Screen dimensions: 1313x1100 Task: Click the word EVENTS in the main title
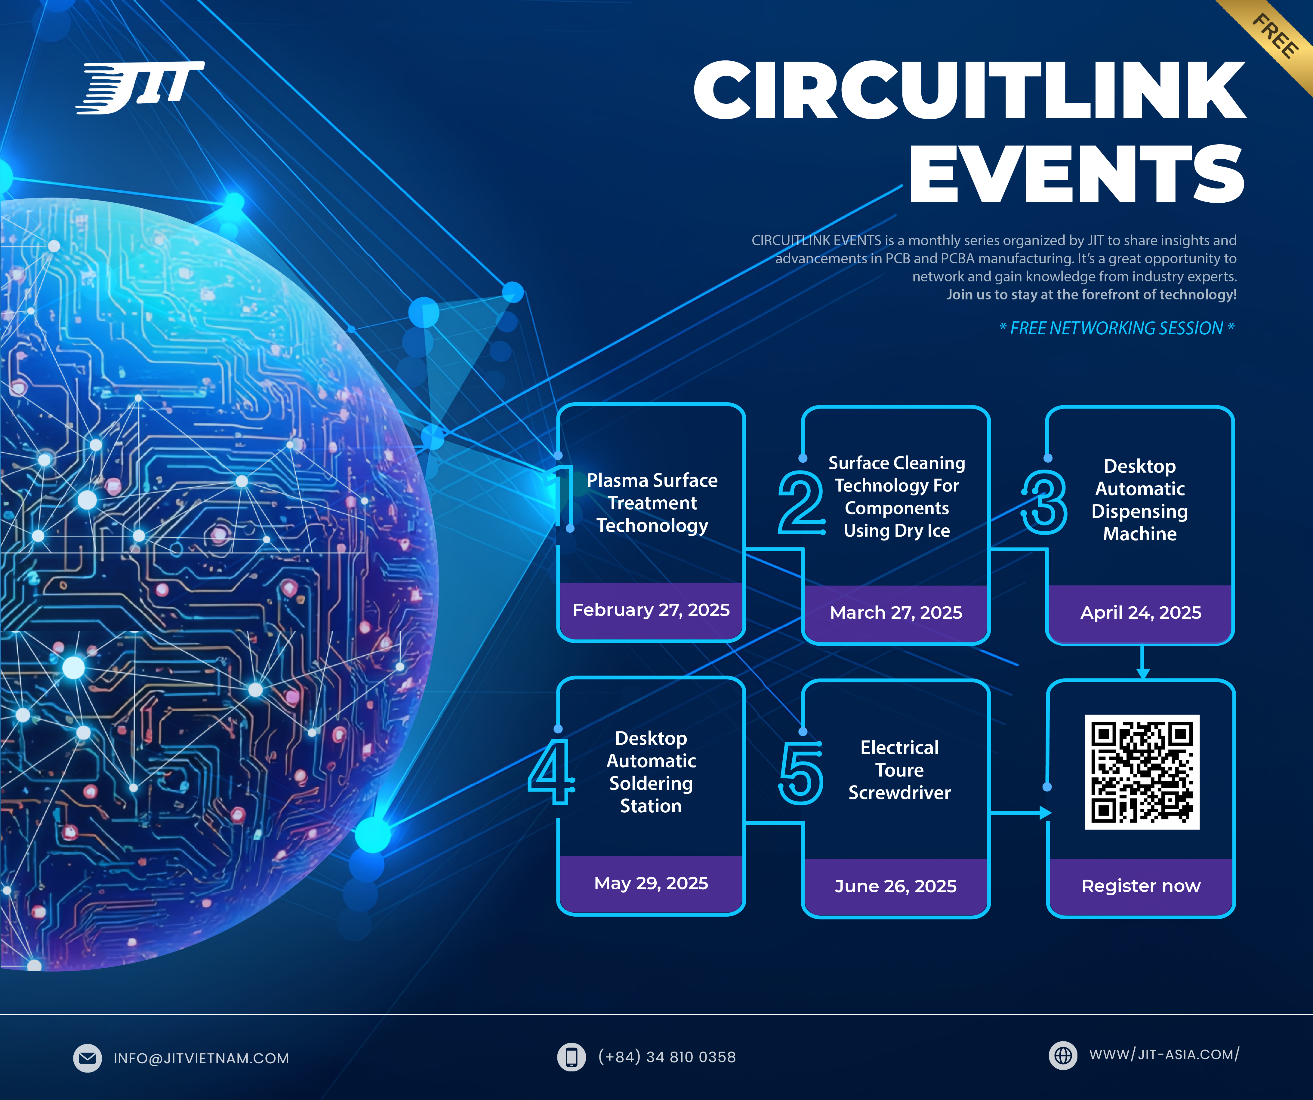click(1077, 173)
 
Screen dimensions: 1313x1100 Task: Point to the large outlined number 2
click(800, 502)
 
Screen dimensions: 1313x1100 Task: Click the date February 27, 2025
click(651, 610)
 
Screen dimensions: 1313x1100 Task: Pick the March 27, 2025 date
click(896, 612)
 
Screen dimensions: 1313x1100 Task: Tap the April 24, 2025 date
click(1140, 612)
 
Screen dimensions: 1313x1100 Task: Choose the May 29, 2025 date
click(651, 883)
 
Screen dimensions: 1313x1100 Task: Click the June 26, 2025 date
click(895, 886)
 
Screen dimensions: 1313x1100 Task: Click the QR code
click(1142, 772)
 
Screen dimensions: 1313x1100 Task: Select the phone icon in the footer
click(571, 1057)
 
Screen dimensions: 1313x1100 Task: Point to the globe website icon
click(1063, 1055)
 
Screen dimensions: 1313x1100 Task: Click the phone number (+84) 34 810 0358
click(667, 1057)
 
